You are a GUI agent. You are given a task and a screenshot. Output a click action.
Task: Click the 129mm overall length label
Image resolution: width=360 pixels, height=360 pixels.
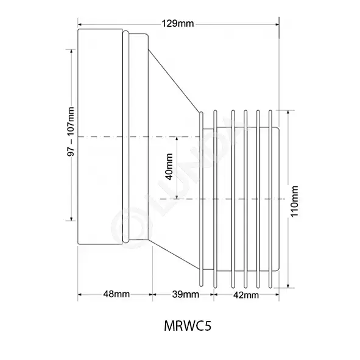tap(178, 24)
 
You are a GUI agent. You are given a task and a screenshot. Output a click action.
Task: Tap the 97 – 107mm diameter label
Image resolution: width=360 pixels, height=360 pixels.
tap(71, 132)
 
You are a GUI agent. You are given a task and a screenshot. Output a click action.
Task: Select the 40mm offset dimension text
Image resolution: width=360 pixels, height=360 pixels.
tap(169, 167)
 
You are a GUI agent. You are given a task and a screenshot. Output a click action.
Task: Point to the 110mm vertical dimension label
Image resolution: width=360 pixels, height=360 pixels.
tap(294, 201)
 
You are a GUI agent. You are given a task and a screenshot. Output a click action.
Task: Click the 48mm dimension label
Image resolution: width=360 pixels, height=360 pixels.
tap(116, 294)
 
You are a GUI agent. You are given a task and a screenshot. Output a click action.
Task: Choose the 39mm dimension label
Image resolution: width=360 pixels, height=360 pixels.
tap(186, 294)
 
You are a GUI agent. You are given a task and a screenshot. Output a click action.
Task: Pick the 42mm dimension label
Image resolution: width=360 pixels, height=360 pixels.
tap(246, 295)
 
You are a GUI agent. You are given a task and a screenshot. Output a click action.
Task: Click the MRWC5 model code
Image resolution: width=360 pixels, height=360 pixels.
tap(188, 326)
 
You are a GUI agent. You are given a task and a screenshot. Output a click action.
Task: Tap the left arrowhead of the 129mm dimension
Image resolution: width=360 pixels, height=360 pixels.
tap(80, 24)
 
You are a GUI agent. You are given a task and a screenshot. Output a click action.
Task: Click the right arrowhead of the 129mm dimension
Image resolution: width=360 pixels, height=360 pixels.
tap(277, 24)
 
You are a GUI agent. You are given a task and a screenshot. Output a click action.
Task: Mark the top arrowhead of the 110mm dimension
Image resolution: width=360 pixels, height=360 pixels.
tap(288, 113)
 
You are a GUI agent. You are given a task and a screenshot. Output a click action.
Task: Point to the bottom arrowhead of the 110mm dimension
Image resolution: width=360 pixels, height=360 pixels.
tap(288, 286)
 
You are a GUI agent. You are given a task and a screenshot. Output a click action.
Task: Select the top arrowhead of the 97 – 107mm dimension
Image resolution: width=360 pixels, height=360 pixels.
tap(71, 51)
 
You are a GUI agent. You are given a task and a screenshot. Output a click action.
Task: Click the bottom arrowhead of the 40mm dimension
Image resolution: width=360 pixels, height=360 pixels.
tap(177, 197)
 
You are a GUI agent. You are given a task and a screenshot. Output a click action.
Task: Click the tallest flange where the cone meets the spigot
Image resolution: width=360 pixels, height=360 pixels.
tap(201, 199)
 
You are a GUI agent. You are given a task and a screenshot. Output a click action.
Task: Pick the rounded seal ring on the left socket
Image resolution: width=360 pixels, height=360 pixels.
tap(125, 137)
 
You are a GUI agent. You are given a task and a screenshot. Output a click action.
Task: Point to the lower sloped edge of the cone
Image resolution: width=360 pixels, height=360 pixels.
tap(174, 255)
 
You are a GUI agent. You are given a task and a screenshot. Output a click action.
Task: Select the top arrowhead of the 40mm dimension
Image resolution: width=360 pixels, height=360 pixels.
tap(177, 139)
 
